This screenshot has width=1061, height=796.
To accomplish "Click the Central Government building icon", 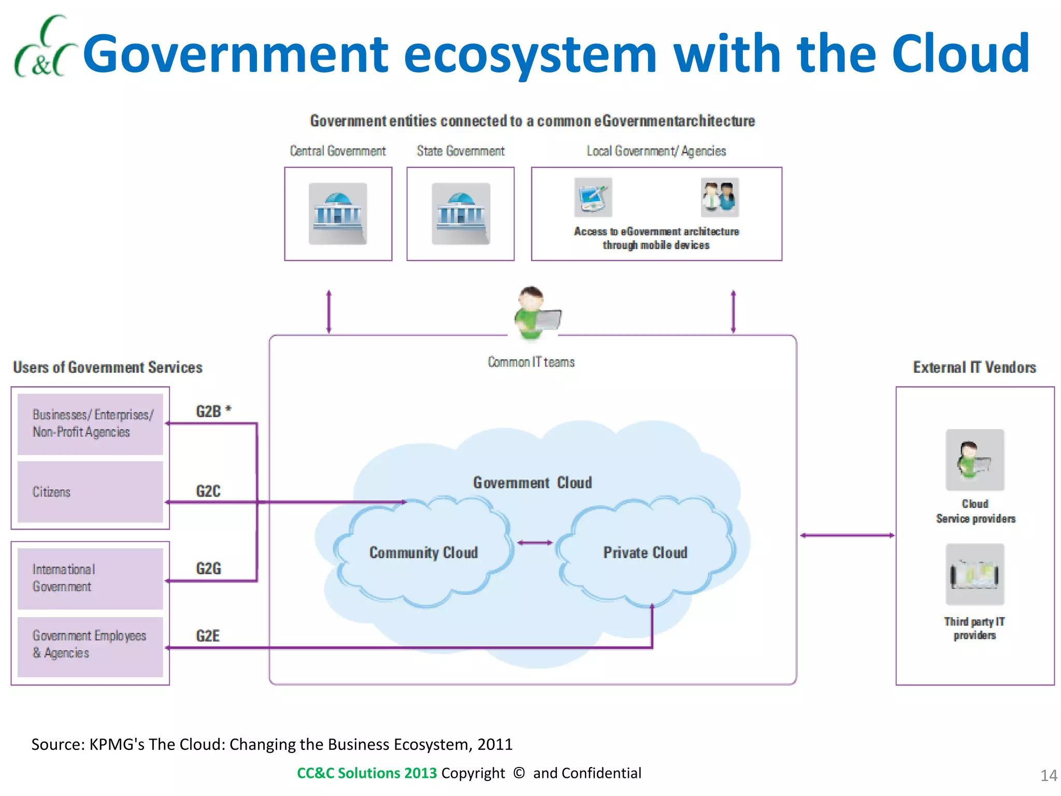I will (x=338, y=214).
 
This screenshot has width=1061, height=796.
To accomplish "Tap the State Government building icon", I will (x=461, y=214).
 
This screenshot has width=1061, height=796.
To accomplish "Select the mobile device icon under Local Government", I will (x=593, y=197).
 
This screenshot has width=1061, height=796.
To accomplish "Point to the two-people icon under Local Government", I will (x=720, y=197).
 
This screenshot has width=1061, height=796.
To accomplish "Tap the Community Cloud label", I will (x=423, y=552).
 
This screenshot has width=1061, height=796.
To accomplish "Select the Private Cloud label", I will (x=645, y=552).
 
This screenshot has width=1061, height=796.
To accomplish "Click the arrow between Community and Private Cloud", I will (x=535, y=543).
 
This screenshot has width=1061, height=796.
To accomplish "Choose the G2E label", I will (x=208, y=636).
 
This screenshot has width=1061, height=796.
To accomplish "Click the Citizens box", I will (x=90, y=492).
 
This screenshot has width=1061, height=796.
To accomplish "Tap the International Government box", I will (x=90, y=578).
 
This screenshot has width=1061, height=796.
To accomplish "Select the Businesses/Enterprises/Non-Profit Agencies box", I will (x=90, y=424).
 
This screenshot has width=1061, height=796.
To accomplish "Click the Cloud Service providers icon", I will (x=974, y=460).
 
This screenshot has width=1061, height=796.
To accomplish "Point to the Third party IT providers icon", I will (x=974, y=574).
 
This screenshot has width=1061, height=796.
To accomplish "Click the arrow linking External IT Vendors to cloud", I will (x=847, y=535).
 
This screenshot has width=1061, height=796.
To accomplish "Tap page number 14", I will (x=1049, y=776).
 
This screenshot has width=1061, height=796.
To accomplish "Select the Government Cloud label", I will (x=532, y=483).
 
